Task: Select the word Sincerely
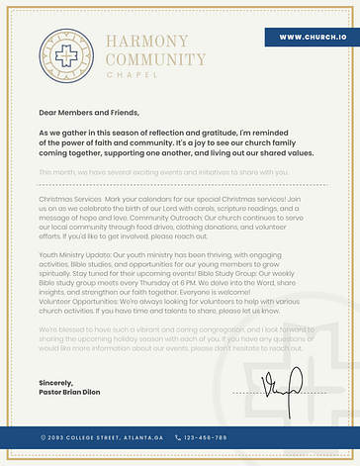(x=57, y=380)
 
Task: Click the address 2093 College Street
(x=86, y=437)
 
